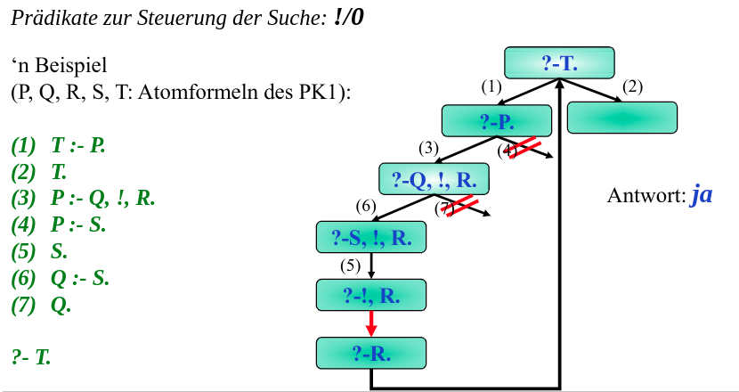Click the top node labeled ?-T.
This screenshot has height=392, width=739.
pos(560,63)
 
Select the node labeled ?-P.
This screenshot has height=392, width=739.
pos(497,119)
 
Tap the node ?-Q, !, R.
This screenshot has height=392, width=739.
pos(434,179)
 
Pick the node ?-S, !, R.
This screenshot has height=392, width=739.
pos(371,237)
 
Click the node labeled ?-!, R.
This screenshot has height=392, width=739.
pos(371,294)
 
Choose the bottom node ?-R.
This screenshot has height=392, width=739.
pos(371,353)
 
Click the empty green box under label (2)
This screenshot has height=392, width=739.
pos(621,118)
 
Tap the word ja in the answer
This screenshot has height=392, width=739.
pos(702,195)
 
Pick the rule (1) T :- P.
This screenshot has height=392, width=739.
pos(59,145)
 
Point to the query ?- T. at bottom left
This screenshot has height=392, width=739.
pos(32,357)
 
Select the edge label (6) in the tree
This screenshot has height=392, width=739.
pos(366,206)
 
